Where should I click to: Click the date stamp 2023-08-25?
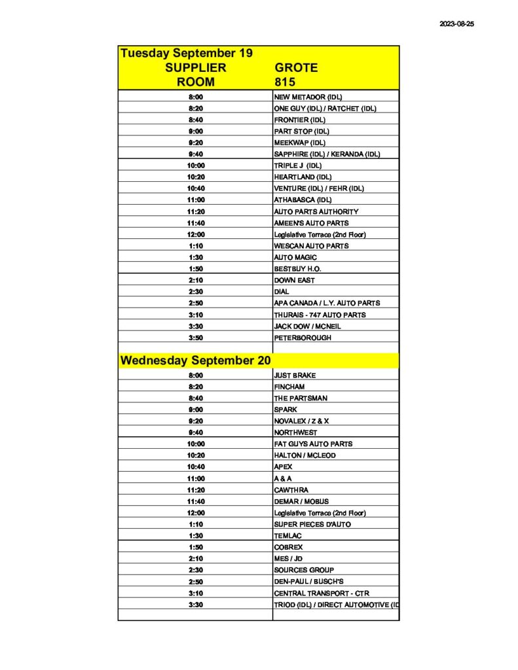click(x=456, y=24)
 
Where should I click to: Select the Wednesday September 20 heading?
click(x=195, y=361)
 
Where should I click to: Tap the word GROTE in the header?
click(x=296, y=67)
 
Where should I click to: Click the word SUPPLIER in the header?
click(x=195, y=67)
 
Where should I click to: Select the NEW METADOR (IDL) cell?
click(x=308, y=97)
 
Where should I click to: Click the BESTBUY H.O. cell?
click(x=297, y=269)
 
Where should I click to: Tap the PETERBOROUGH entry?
click(x=303, y=338)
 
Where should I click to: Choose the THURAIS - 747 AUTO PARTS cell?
click(x=320, y=315)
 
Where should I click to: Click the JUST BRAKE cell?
click(x=295, y=376)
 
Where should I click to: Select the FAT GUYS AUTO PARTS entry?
click(x=313, y=444)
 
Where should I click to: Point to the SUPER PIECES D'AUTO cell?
click(x=312, y=524)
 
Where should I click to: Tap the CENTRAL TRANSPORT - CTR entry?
click(x=321, y=593)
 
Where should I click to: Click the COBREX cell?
click(x=288, y=547)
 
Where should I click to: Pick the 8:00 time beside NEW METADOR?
click(x=195, y=97)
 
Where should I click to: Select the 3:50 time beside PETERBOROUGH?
click(x=195, y=338)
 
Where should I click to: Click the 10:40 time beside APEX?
click(x=195, y=467)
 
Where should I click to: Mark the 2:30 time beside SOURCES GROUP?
click(x=195, y=570)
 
